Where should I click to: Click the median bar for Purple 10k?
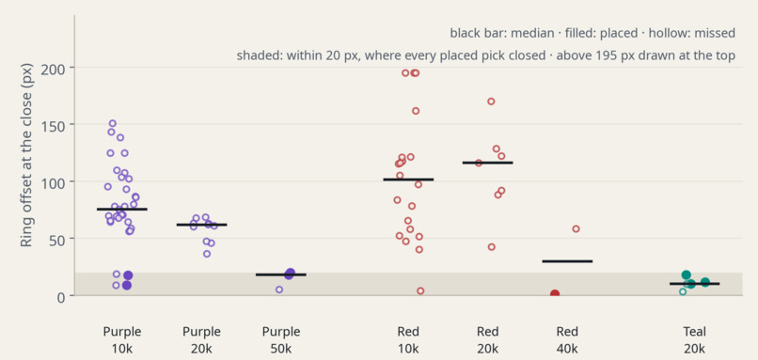point(122,210)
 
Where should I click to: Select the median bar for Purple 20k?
point(201,225)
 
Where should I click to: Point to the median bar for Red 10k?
point(408,180)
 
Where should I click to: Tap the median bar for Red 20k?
point(488,163)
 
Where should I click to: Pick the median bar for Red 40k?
point(567,261)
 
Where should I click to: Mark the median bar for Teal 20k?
point(695,284)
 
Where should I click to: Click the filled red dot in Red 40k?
point(555,294)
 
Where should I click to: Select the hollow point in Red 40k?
point(576,229)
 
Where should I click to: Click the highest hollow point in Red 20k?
point(491,102)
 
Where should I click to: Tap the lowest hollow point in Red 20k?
point(492,247)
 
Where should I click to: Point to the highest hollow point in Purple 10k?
point(113,123)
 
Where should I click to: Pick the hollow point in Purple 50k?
point(279,290)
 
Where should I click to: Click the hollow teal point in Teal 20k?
point(683,292)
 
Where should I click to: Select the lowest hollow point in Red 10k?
point(420,290)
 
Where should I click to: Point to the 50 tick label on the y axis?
point(58,238)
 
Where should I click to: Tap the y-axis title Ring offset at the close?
point(26,155)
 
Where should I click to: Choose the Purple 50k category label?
point(281,339)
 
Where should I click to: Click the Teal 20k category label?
point(695,339)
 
